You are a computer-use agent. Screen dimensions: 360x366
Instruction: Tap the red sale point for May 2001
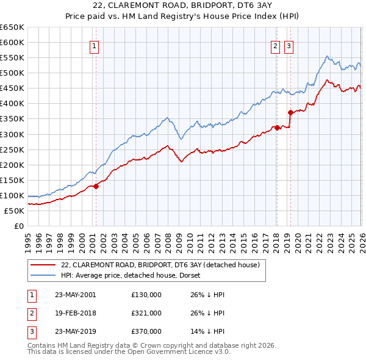[96, 186]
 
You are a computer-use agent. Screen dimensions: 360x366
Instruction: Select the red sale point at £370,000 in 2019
[290, 112]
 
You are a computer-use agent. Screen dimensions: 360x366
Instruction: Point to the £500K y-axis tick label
[12, 73]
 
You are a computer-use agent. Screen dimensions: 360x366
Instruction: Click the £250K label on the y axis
[12, 149]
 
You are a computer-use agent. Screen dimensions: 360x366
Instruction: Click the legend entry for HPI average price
[134, 275]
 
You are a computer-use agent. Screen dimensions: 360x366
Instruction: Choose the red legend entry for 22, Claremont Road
[160, 265]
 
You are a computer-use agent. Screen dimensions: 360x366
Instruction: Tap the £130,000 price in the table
[146, 295]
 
